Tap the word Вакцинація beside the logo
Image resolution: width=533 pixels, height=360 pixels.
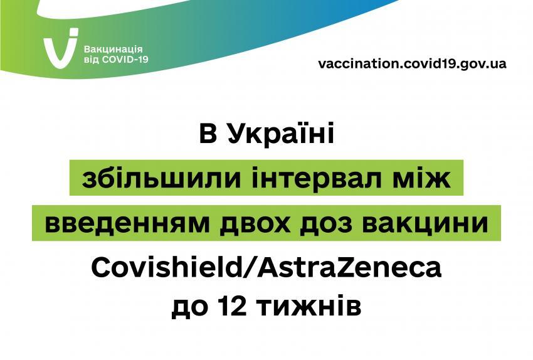(x=113, y=50)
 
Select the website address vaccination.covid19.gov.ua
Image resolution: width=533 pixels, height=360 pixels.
(x=413, y=63)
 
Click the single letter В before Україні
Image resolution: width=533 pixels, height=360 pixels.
(x=208, y=134)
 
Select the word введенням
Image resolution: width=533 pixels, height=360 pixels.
(x=127, y=223)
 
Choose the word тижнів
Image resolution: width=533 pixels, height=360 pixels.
(x=309, y=307)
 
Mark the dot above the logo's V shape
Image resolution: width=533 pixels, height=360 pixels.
(x=73, y=33)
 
